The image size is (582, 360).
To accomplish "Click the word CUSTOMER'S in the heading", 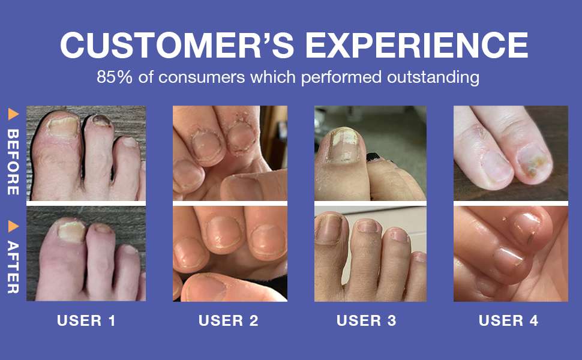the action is pyautogui.click(x=177, y=45).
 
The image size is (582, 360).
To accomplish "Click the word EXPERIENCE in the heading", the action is pyautogui.click(x=416, y=45).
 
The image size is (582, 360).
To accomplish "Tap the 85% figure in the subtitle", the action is pyautogui.click(x=115, y=77).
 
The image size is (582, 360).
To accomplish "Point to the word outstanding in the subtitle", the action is pyautogui.click(x=433, y=77).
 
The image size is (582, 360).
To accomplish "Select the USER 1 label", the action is pyautogui.click(x=86, y=320).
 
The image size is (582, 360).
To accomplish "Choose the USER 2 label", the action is pyautogui.click(x=229, y=320).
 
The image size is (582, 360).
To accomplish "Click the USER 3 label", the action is pyautogui.click(x=367, y=320).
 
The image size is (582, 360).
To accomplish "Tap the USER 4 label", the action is pyautogui.click(x=509, y=320).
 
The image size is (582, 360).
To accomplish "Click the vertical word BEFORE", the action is pyautogui.click(x=13, y=162).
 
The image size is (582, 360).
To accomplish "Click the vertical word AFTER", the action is pyautogui.click(x=13, y=267).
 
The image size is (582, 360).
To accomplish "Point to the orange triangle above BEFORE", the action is pyautogui.click(x=13, y=115).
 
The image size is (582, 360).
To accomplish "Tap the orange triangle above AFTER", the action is pyautogui.click(x=13, y=226).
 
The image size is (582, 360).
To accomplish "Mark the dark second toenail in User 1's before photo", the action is pyautogui.click(x=101, y=121).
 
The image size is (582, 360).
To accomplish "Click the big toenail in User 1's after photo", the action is pyautogui.click(x=71, y=231).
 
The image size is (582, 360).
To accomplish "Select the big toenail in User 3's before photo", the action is pyautogui.click(x=344, y=145).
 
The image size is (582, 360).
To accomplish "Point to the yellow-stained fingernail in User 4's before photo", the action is pyautogui.click(x=532, y=163).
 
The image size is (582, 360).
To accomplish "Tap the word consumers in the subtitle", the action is pyautogui.click(x=202, y=77).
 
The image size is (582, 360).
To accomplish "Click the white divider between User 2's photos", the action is pyautogui.click(x=230, y=203).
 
